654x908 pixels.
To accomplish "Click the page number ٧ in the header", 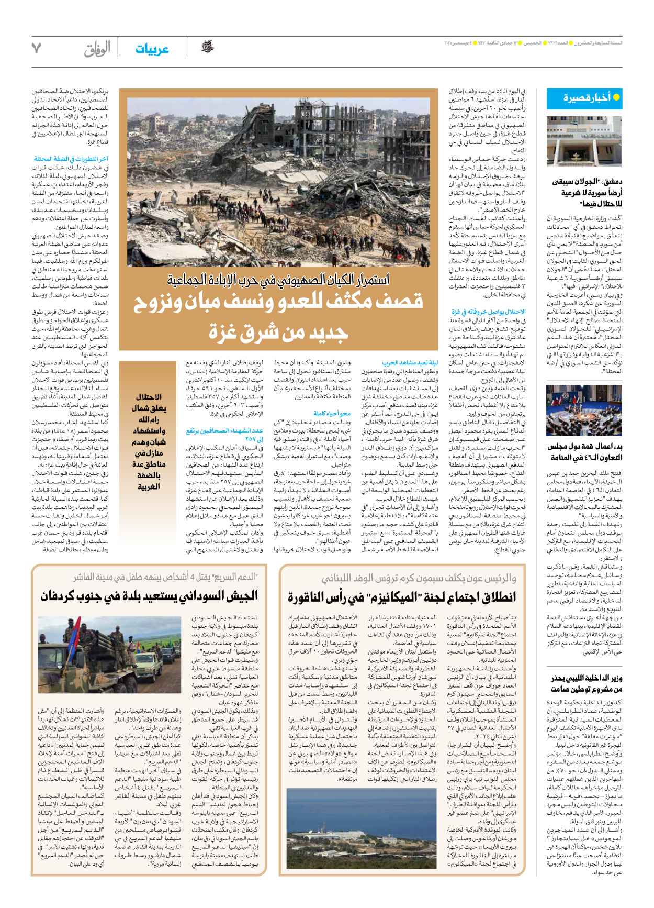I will (x=36, y=48).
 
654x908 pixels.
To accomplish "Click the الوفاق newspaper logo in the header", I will (x=97, y=49).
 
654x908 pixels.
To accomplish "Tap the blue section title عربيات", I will (x=152, y=49).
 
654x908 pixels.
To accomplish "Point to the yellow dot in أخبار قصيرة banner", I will (x=616, y=97).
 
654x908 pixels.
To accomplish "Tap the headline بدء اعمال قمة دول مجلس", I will (x=587, y=447).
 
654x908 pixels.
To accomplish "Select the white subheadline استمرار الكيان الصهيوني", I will (x=278, y=280).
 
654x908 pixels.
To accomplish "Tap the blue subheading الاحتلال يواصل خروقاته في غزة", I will (x=488, y=312).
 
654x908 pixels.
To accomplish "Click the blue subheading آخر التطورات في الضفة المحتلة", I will (x=71, y=159).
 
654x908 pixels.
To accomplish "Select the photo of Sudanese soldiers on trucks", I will (x=109, y=655).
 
